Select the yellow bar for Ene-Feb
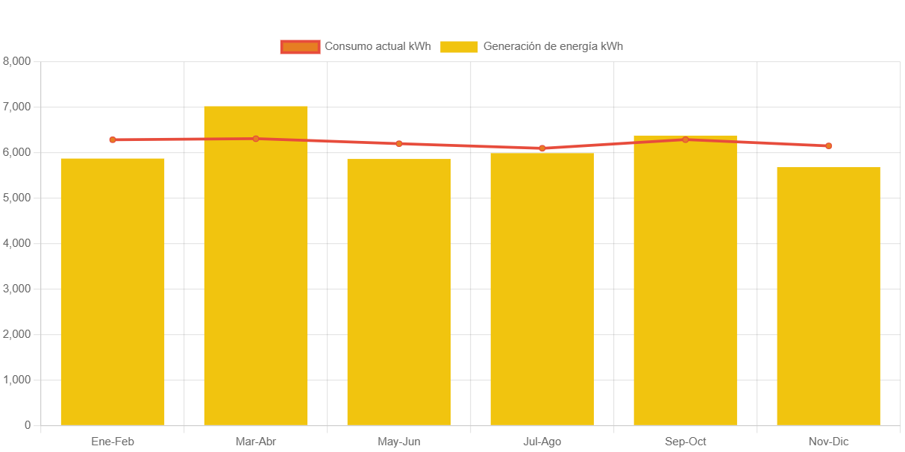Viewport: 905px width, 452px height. (113, 291)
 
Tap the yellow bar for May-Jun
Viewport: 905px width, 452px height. (399, 292)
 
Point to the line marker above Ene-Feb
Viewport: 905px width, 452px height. (113, 139)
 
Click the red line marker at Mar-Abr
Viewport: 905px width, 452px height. (256, 139)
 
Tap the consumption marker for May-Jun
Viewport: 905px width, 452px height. (399, 143)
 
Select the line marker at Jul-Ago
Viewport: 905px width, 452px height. (542, 148)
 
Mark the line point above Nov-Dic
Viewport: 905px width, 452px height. (829, 145)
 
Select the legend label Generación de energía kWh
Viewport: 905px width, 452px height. (553, 46)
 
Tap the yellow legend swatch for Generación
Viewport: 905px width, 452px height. (459, 46)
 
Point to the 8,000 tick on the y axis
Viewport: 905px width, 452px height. (16, 60)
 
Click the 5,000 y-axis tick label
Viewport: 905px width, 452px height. (16, 198)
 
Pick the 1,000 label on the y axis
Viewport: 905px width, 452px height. (16, 380)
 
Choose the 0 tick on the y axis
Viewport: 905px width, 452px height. (28, 425)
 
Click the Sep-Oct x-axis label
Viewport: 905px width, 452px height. (685, 442)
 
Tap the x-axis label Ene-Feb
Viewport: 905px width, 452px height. (113, 442)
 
